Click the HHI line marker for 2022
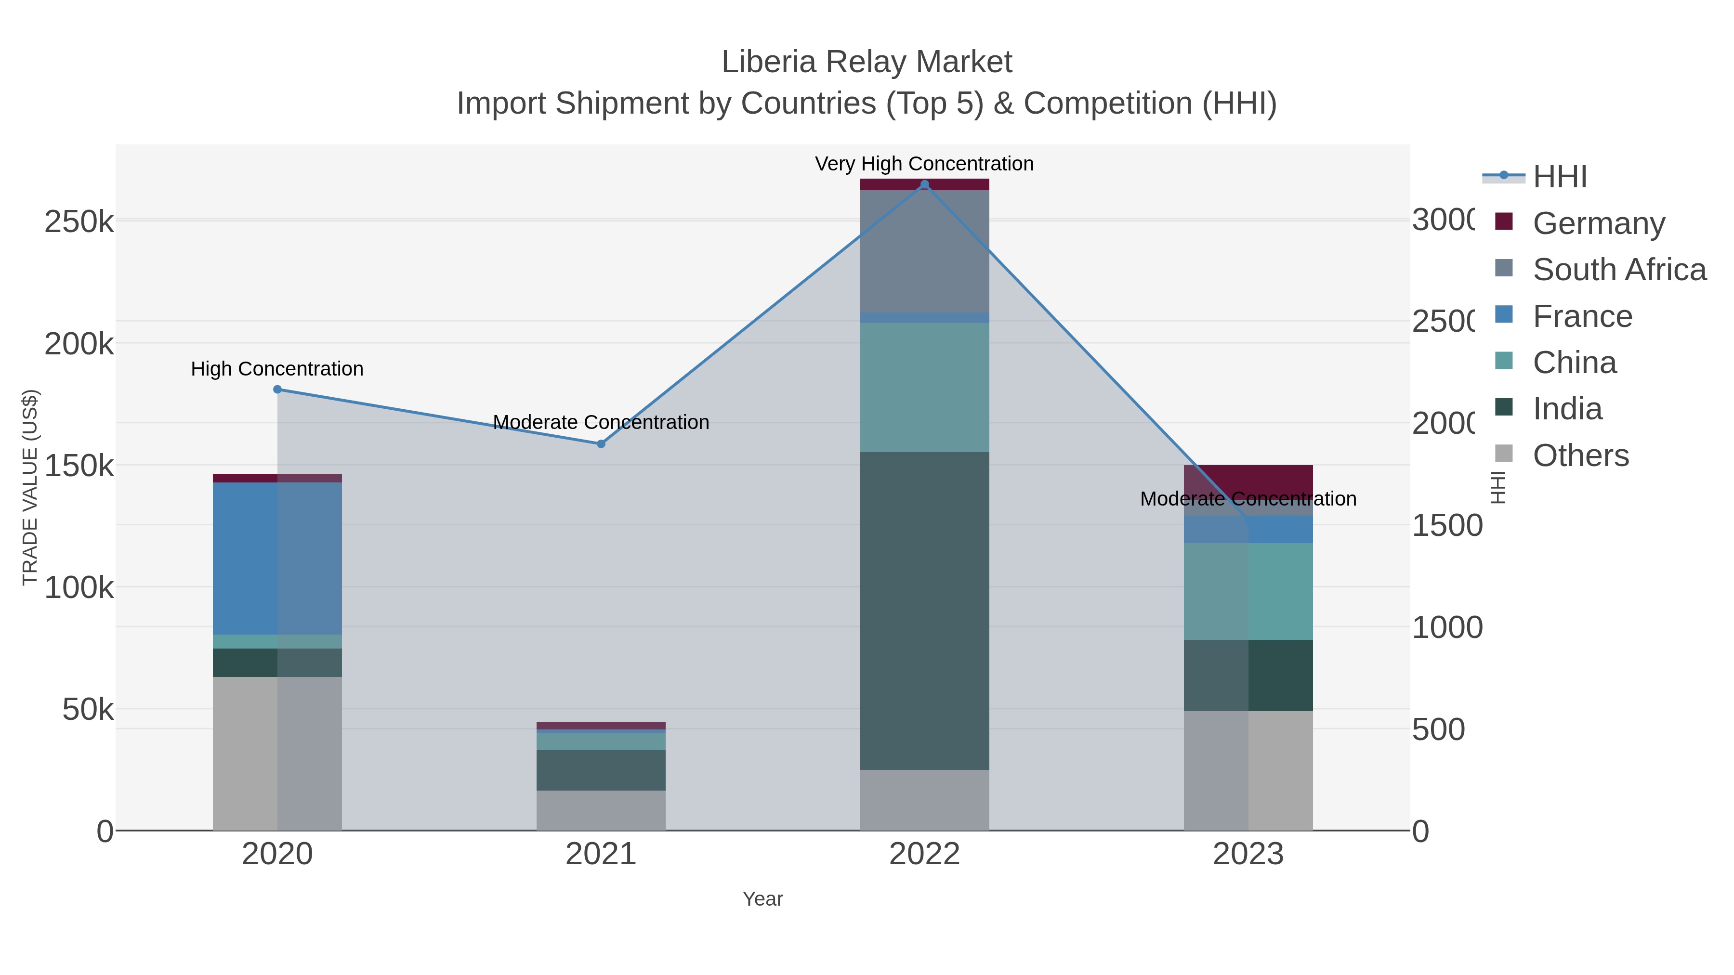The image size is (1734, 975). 924,184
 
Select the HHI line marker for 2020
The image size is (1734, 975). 277,389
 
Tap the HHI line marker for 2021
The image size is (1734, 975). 601,443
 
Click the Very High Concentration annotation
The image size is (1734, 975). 924,164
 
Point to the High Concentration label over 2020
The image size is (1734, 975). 277,369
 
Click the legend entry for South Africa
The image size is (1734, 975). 1619,269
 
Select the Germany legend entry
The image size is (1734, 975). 1599,223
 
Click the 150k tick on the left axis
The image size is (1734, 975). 79,466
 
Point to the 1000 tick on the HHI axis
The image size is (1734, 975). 1446,627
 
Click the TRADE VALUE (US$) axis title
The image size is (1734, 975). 30,487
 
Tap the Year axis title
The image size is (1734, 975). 762,899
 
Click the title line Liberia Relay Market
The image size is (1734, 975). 867,62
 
